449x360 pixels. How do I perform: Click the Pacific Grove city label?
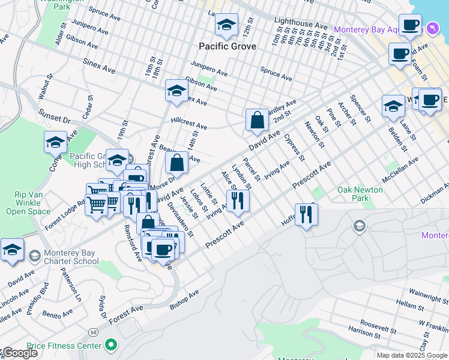tap(228, 46)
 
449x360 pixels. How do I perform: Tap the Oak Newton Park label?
tap(360, 193)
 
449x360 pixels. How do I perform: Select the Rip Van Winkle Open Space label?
tap(32, 203)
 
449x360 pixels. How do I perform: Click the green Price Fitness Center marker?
tap(110, 345)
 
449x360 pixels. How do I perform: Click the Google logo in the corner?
tap(19, 353)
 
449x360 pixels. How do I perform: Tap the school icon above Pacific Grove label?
tap(226, 26)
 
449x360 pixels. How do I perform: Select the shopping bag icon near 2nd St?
tap(257, 120)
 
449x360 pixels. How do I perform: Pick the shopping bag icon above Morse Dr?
tap(177, 163)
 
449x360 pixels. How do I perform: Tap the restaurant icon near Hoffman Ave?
tap(306, 215)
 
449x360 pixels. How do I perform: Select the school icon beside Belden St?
tap(393, 106)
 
